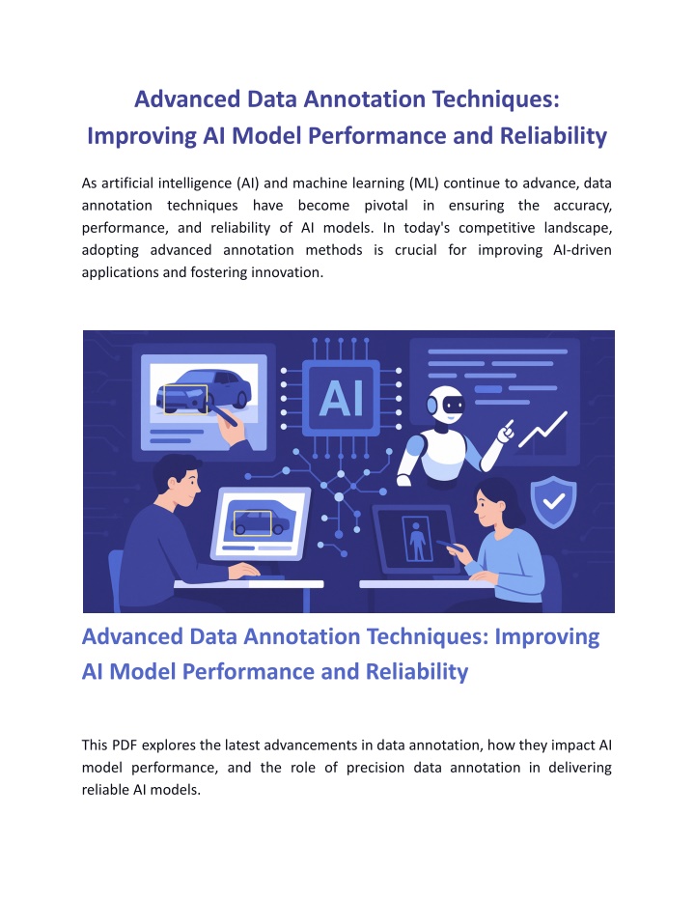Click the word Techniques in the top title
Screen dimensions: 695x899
click(x=495, y=99)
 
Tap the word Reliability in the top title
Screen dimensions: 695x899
click(x=553, y=136)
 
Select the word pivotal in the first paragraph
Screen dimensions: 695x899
click(x=385, y=206)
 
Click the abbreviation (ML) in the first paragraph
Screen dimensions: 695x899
click(x=424, y=183)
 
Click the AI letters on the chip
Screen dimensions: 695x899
click(x=341, y=398)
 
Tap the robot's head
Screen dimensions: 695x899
click(x=446, y=405)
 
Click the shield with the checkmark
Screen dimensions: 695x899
click(x=553, y=502)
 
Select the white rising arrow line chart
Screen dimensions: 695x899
click(x=542, y=429)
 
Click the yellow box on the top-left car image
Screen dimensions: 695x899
click(x=185, y=399)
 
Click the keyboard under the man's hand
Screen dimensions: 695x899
click(x=264, y=577)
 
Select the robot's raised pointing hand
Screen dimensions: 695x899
click(x=506, y=431)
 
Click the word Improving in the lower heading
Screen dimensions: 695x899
click(x=547, y=637)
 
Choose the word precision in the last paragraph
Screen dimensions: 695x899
click(x=375, y=767)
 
